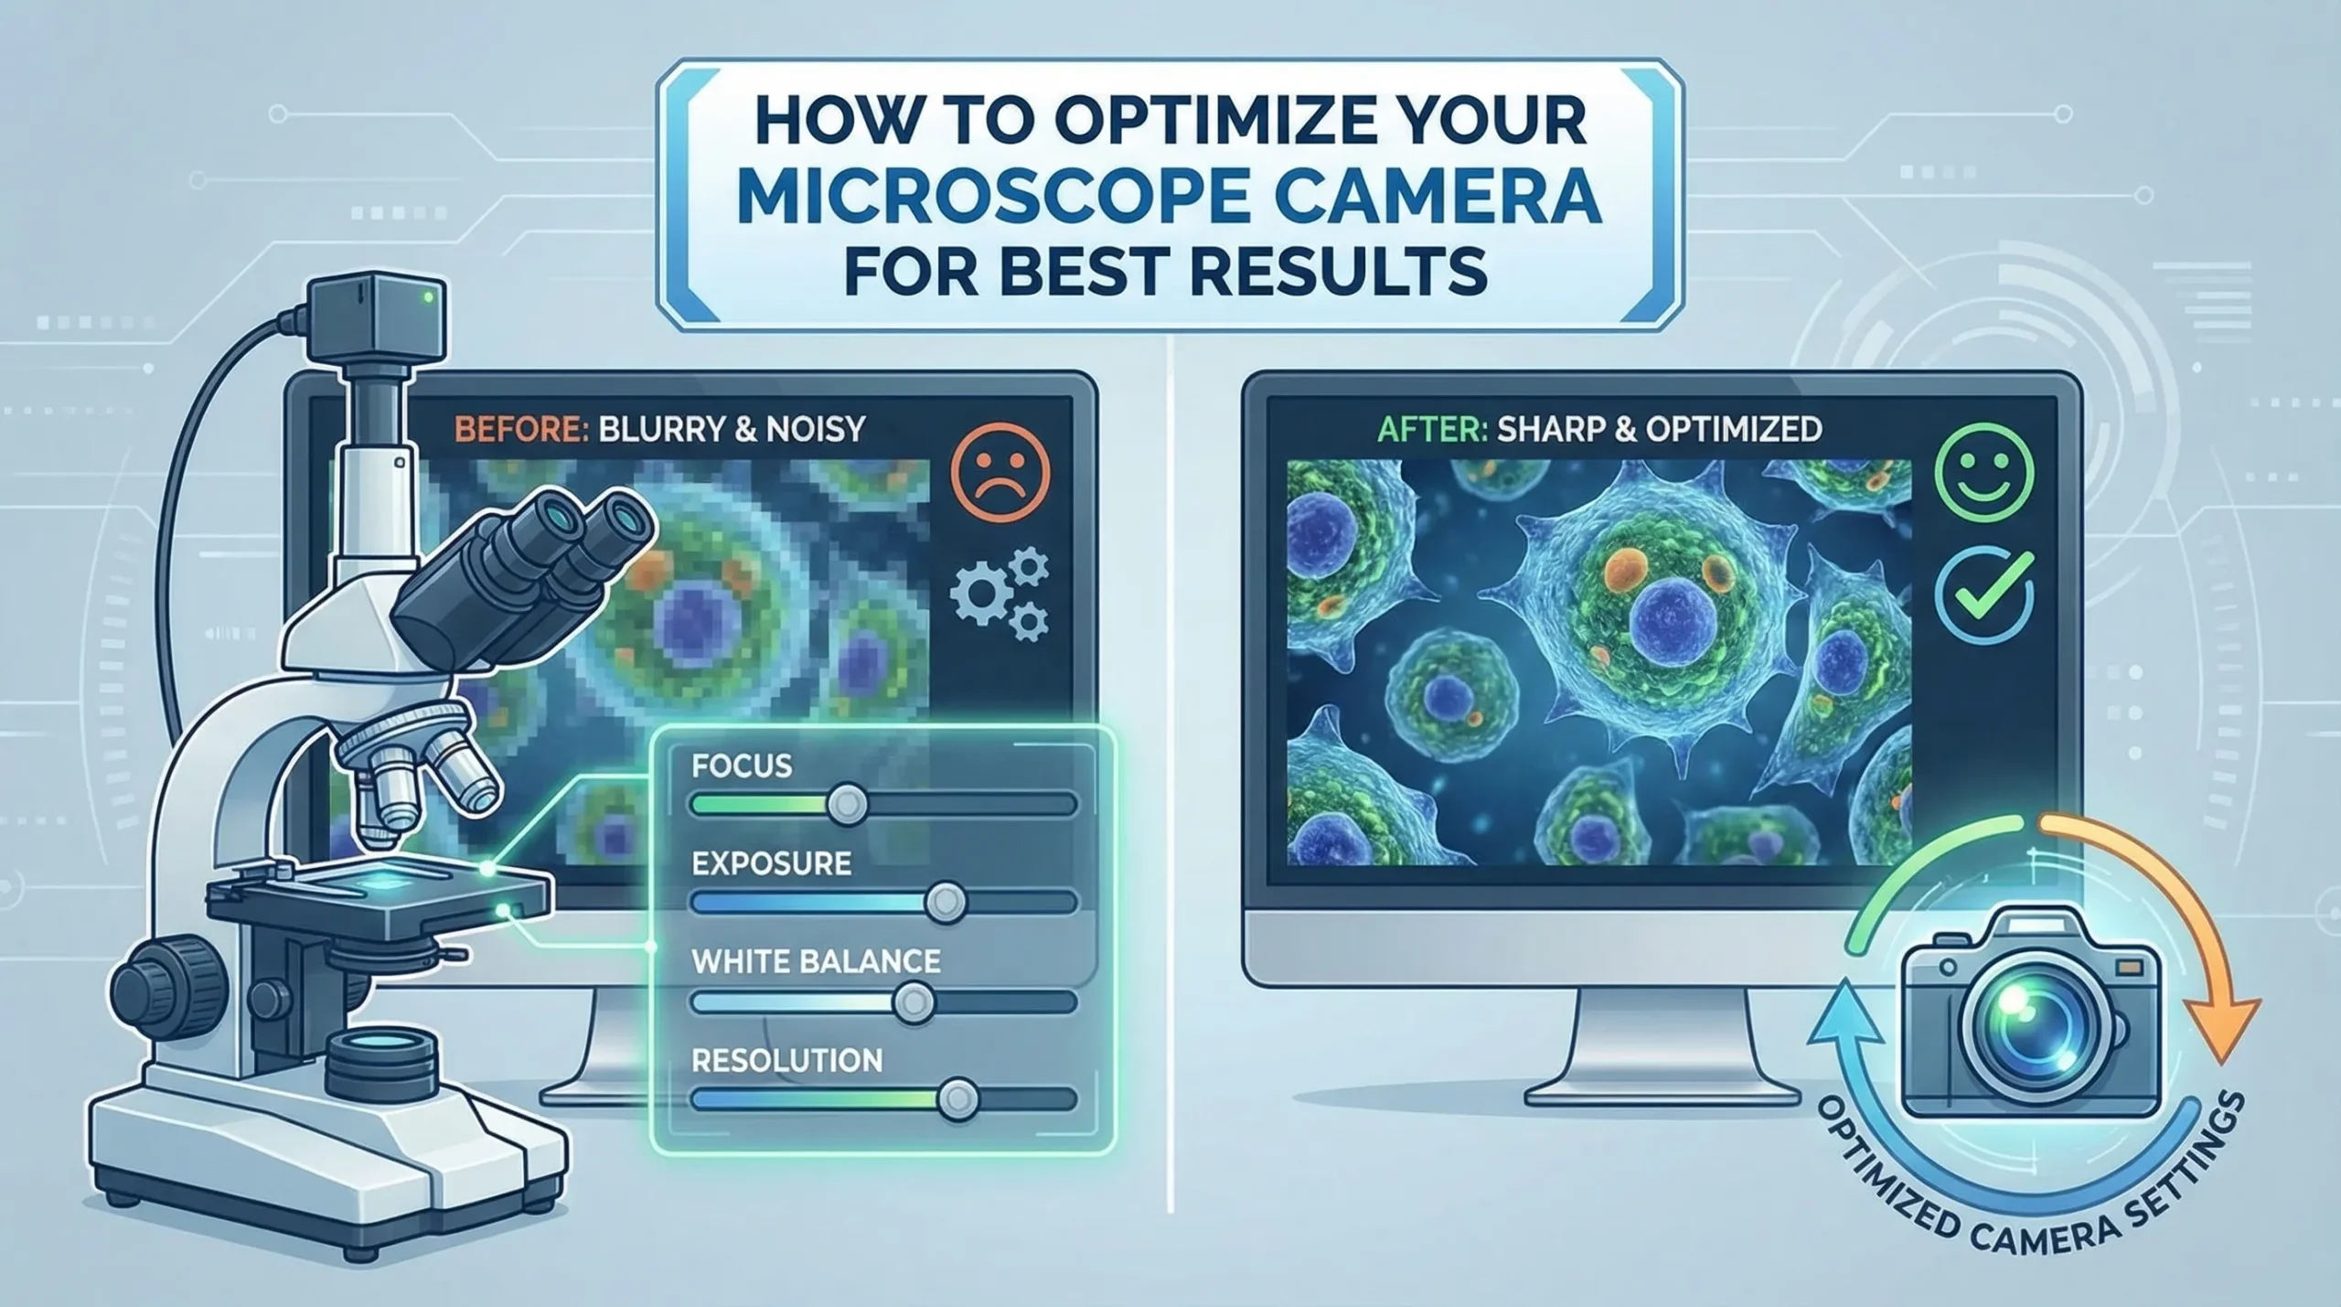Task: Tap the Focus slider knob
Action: click(x=846, y=805)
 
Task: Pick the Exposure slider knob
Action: click(x=945, y=902)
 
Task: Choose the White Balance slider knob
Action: click(x=913, y=1002)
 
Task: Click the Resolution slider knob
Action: click(x=957, y=1098)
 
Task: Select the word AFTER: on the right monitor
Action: click(x=1431, y=428)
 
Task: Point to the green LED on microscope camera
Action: click(x=428, y=297)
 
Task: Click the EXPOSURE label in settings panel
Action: click(x=771, y=863)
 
